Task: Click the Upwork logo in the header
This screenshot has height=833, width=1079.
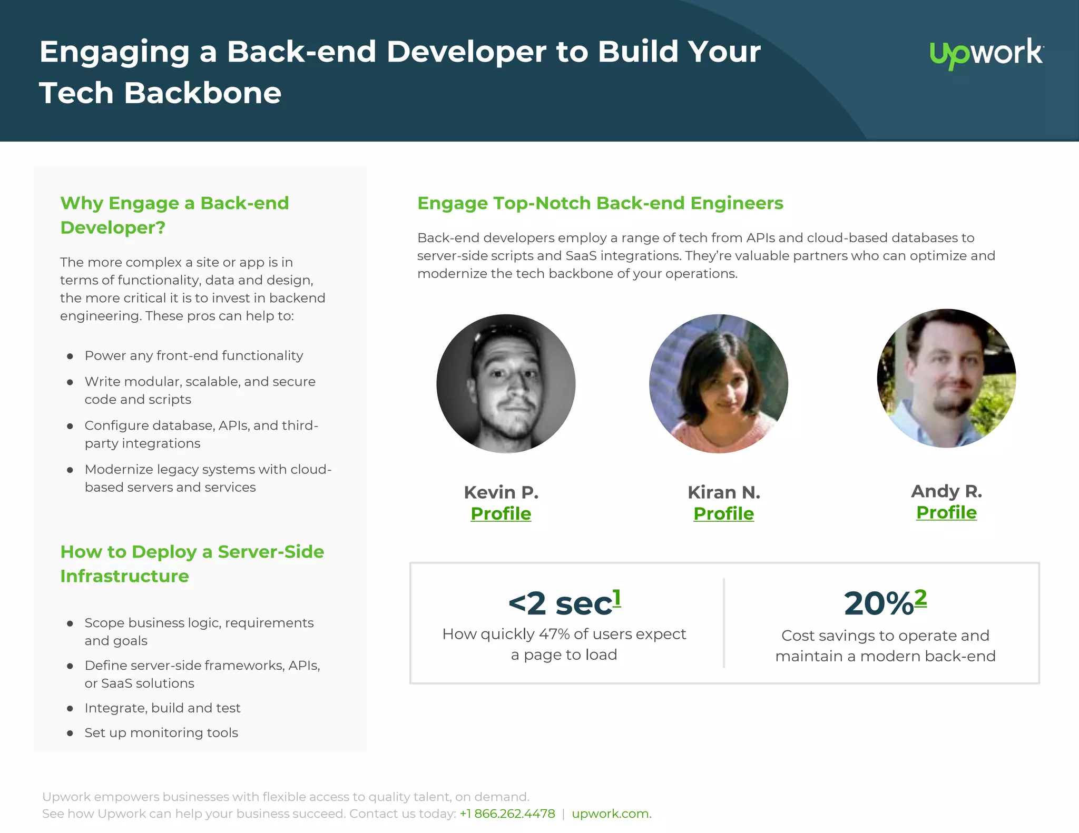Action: pyautogui.click(x=986, y=53)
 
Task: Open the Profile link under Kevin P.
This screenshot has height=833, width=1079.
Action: pyautogui.click(x=501, y=513)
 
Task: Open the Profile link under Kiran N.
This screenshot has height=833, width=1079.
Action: pyautogui.click(x=723, y=513)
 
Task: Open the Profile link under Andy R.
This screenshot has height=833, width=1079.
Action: pyautogui.click(x=946, y=512)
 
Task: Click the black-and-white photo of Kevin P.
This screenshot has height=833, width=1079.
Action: pyautogui.click(x=506, y=384)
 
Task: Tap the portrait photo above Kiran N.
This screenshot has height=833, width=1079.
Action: pyautogui.click(x=719, y=384)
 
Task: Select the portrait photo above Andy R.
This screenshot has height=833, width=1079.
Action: pyautogui.click(x=946, y=379)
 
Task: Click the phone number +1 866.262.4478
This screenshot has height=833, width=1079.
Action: pyautogui.click(x=507, y=814)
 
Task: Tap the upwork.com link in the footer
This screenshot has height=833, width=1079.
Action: pyautogui.click(x=611, y=814)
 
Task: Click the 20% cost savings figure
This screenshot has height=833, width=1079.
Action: pyautogui.click(x=878, y=603)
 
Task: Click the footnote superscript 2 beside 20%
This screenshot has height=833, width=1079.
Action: pyautogui.click(x=920, y=598)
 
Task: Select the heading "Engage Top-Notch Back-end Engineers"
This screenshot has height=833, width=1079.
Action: pyautogui.click(x=600, y=203)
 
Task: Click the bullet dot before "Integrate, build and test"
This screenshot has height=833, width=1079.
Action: pyautogui.click(x=70, y=709)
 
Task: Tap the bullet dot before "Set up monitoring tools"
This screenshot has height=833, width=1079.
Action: pyautogui.click(x=70, y=733)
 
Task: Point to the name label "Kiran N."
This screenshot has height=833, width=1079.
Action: pyautogui.click(x=724, y=492)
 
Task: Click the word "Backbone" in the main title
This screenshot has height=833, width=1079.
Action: pyautogui.click(x=202, y=93)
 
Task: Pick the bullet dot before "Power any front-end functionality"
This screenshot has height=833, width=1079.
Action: pyautogui.click(x=70, y=356)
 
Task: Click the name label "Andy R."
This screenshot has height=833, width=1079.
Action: pyautogui.click(x=946, y=491)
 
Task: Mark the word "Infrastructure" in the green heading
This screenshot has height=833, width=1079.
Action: pyautogui.click(x=125, y=576)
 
